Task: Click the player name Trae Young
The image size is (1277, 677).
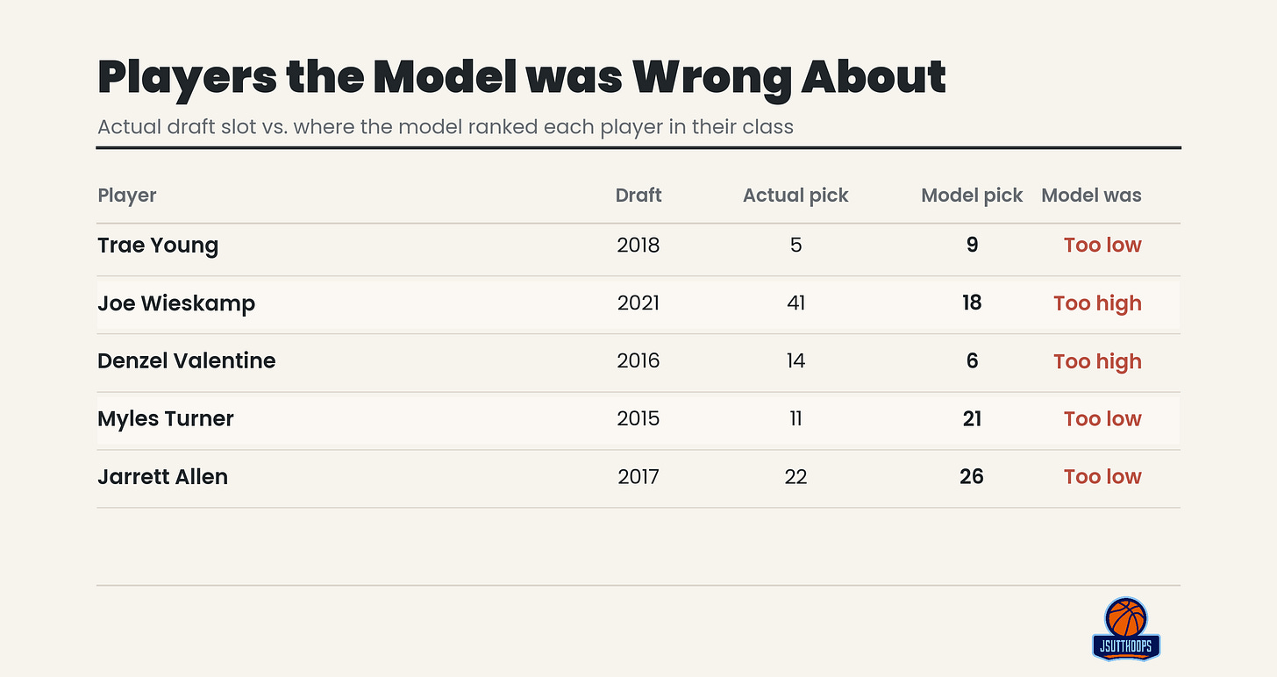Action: point(158,246)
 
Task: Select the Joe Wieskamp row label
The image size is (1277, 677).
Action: point(176,303)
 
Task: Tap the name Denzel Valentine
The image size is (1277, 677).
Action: point(187,360)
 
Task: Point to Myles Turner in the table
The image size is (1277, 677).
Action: point(165,419)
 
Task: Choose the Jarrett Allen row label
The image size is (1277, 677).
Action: point(162,476)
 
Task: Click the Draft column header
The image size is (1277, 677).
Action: point(638,195)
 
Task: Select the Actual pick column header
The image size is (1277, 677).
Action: point(795,196)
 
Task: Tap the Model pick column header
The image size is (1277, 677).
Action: point(972,196)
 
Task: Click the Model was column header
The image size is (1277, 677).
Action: point(1091,195)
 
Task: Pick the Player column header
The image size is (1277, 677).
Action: point(126,196)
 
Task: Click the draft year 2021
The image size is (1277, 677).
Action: point(638,303)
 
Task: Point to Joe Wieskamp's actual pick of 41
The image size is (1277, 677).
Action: point(795,303)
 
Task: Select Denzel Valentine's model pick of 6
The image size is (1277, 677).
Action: point(972,360)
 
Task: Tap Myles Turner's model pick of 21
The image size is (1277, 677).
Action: point(972,419)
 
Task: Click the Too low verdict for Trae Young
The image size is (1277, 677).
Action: point(1102,245)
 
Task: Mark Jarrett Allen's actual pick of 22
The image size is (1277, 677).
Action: point(795,476)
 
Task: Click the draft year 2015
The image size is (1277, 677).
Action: point(638,419)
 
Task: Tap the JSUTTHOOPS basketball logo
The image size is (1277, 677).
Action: point(1126,629)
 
